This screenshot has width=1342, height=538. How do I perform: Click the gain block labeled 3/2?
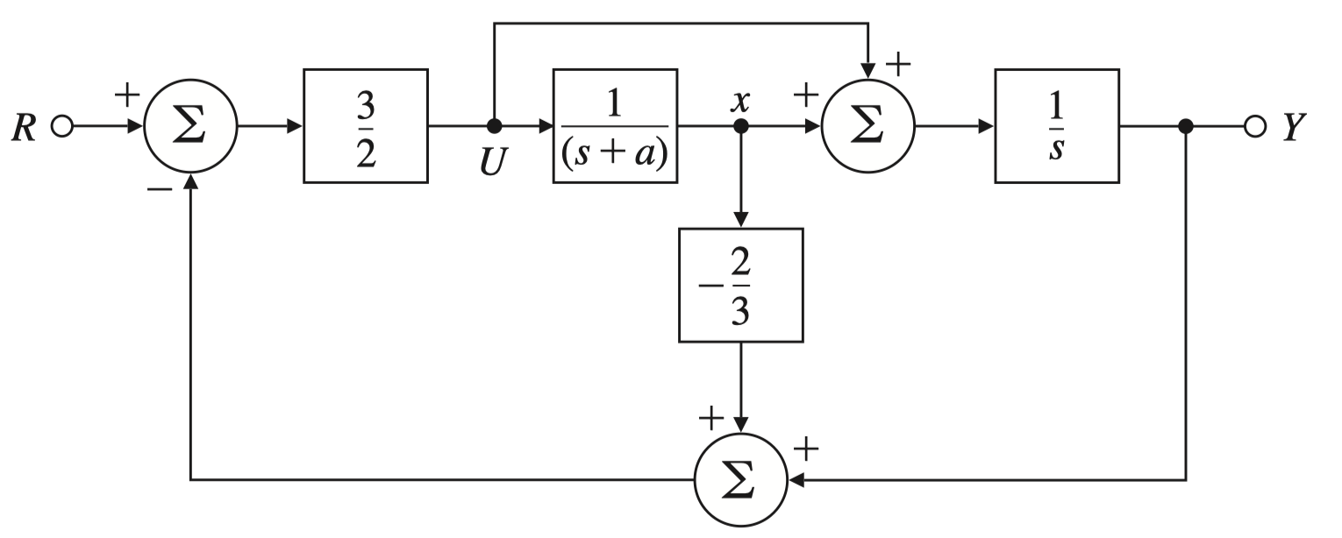365,126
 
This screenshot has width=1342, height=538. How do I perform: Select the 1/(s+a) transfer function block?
615,126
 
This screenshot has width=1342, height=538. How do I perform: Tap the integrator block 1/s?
1056,126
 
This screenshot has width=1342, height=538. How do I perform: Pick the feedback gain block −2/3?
741,285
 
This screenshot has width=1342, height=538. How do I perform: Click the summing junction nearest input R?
190,126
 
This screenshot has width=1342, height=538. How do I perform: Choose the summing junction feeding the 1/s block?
867,126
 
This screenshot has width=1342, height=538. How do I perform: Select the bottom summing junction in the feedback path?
741,480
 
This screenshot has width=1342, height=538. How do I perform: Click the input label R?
24,128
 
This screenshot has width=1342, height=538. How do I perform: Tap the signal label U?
492,162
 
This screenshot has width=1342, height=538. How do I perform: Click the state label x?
741,100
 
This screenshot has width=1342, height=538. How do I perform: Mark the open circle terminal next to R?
61,127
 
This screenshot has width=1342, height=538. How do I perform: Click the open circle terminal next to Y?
1255,127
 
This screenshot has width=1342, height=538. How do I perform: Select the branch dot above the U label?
494,126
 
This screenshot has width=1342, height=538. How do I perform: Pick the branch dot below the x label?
741,126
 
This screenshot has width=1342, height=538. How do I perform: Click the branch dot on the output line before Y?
1186,126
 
